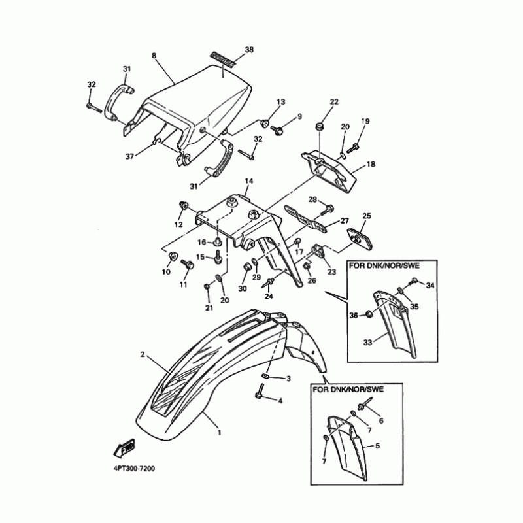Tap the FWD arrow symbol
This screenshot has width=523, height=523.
point(124,448)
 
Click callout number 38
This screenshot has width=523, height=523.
point(248,50)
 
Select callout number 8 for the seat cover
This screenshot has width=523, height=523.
point(154,56)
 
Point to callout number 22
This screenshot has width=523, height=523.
point(334,102)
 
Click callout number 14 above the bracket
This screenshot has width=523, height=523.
point(248,180)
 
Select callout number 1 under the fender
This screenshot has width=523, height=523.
point(219,432)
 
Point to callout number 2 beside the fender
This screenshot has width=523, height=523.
point(142,355)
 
